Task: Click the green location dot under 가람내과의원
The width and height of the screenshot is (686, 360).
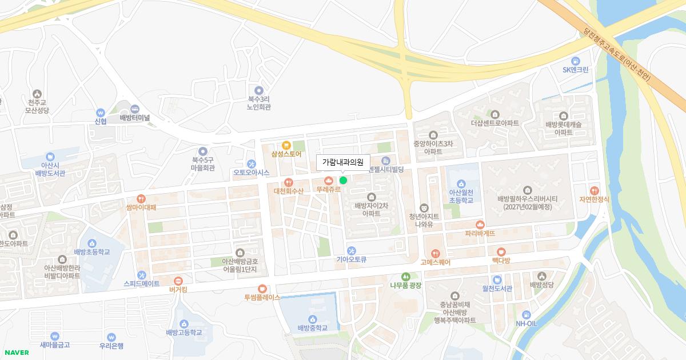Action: pyautogui.click(x=343, y=180)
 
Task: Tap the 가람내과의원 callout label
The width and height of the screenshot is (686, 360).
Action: pyautogui.click(x=343, y=162)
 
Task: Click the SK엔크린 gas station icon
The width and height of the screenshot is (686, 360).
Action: pyautogui.click(x=576, y=61)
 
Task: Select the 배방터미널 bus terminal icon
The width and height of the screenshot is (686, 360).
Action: pyautogui.click(x=135, y=109)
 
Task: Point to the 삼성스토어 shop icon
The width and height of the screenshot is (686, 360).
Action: pyautogui.click(x=286, y=145)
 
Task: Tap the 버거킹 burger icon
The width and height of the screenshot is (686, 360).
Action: pyautogui.click(x=178, y=281)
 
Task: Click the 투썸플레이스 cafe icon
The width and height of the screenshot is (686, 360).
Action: pyautogui.click(x=262, y=289)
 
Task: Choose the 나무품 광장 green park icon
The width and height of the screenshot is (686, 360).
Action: pyautogui.click(x=406, y=276)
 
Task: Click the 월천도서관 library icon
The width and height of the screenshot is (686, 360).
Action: pyautogui.click(x=497, y=279)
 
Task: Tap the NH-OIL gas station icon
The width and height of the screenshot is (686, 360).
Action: pyautogui.click(x=527, y=314)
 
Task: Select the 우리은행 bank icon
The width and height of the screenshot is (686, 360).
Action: pyautogui.click(x=111, y=337)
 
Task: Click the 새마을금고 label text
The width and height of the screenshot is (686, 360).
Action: pyautogui.click(x=55, y=345)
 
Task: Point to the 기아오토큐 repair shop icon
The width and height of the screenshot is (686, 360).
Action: pyautogui.click(x=352, y=250)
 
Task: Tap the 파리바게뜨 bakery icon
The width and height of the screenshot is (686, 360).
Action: pyautogui.click(x=480, y=224)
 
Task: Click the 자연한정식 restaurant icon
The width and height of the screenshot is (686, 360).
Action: pyautogui.click(x=595, y=190)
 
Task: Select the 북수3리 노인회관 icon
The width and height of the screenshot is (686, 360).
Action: pyautogui.click(x=259, y=90)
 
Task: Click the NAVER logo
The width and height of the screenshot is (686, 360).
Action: pyautogui.click(x=17, y=353)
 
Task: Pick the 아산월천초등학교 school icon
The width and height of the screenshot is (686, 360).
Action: pyautogui.click(x=461, y=183)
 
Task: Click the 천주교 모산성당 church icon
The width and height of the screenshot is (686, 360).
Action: pyautogui.click(x=38, y=93)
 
